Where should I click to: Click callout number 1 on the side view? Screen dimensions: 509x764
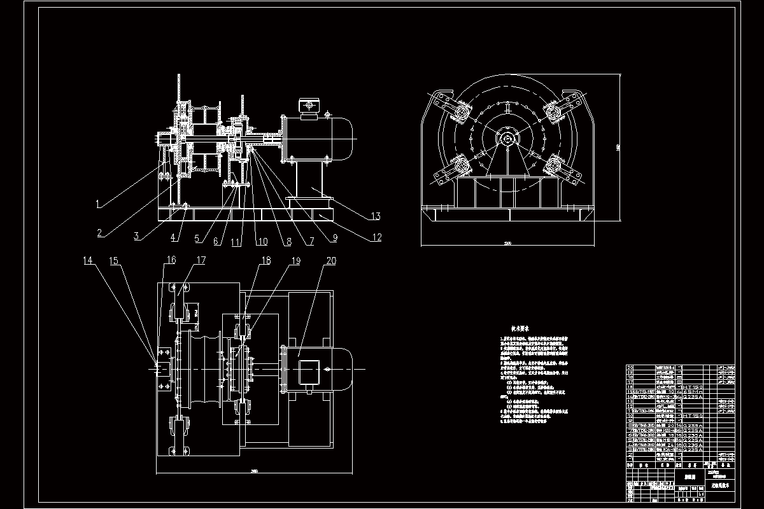[97, 204]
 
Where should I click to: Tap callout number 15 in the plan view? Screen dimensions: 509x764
[114, 260]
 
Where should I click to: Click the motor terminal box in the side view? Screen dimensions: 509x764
[309, 108]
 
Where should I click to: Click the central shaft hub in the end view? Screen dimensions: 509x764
[507, 138]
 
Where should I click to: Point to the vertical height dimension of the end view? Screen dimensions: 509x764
[618, 148]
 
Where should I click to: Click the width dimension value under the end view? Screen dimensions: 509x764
[507, 242]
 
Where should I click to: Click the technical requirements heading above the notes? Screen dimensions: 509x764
[525, 324]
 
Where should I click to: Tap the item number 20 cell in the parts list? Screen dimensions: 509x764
[631, 368]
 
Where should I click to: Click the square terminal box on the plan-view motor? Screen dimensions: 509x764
[309, 371]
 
